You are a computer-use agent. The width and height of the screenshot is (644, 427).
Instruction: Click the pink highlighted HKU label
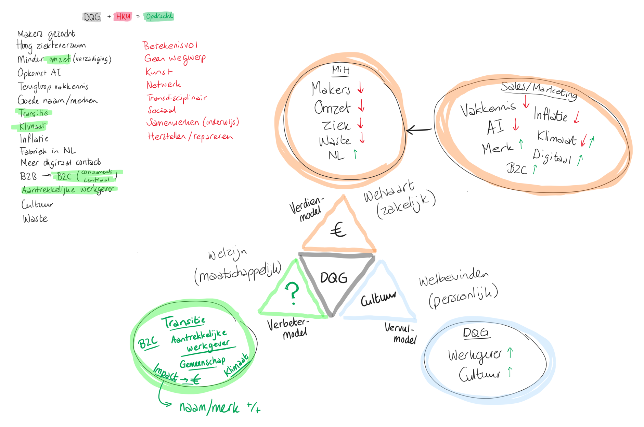tap(123, 16)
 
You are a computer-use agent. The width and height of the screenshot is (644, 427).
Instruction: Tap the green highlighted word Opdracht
tap(159, 16)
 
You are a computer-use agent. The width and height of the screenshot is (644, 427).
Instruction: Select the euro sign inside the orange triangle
tap(338, 230)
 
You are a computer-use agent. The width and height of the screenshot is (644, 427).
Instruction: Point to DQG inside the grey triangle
tap(334, 278)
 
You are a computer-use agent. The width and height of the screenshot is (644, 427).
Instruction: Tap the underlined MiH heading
tap(340, 70)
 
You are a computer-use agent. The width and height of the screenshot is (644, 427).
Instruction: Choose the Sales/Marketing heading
tap(539, 90)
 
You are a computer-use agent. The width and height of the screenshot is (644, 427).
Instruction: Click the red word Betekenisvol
tap(170, 46)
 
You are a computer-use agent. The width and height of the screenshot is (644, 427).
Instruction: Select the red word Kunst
tap(159, 72)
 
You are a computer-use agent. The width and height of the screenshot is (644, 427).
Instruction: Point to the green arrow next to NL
tap(356, 154)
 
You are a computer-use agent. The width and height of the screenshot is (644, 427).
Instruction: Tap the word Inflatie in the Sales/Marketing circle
tap(550, 115)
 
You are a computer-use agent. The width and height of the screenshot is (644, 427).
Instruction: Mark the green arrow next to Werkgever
tap(510, 352)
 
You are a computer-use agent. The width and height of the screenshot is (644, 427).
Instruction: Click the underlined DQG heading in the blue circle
tap(476, 333)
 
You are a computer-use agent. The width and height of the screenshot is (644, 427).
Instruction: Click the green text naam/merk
tap(209, 407)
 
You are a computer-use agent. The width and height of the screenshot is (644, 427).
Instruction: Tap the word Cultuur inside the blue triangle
tap(378, 299)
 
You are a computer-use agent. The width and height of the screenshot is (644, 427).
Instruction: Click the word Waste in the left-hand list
tap(35, 219)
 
